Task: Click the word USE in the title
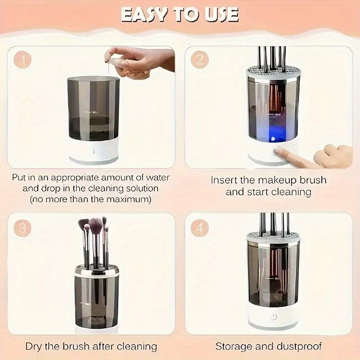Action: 220,14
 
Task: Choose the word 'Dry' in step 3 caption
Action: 34,346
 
